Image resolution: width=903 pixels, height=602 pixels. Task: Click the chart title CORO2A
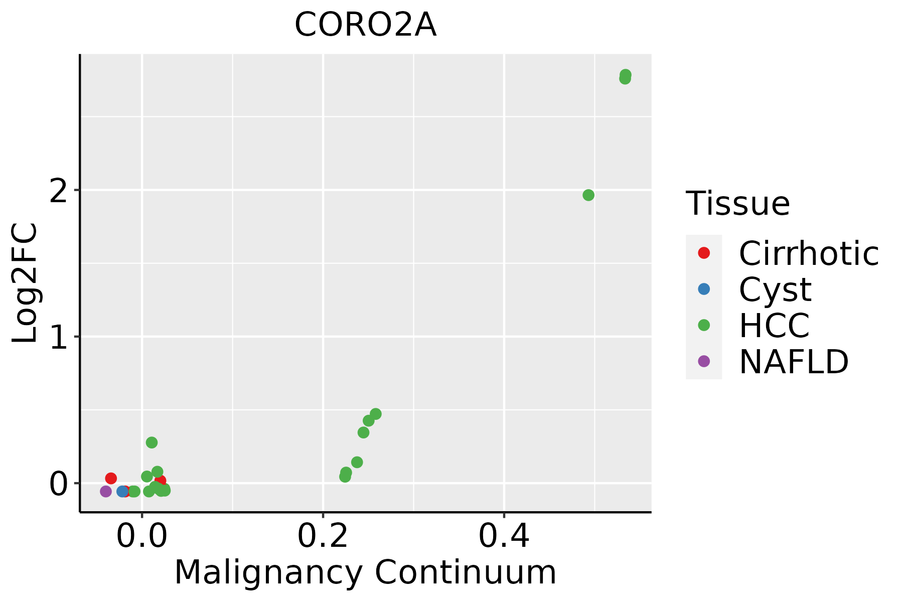[x=365, y=25]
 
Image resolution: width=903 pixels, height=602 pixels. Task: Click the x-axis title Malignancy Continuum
[x=365, y=572]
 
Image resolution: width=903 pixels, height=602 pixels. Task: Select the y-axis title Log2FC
[x=25, y=283]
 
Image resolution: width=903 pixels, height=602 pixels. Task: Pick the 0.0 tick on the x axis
[x=142, y=537]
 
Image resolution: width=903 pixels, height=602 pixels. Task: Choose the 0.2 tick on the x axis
[x=323, y=537]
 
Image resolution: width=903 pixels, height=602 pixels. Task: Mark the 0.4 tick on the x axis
[x=504, y=537]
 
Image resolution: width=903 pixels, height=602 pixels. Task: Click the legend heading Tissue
[x=737, y=204]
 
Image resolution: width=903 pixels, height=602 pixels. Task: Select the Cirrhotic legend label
[x=809, y=253]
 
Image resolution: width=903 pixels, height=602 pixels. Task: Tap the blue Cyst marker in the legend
[x=704, y=289]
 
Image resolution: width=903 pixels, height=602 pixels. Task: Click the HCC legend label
[x=774, y=326]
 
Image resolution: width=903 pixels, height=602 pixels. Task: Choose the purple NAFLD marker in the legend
[x=704, y=361]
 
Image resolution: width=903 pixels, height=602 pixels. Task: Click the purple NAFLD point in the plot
[x=106, y=491]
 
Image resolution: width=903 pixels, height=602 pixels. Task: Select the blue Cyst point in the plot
[x=122, y=491]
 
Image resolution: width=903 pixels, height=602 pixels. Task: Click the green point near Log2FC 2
[x=588, y=195]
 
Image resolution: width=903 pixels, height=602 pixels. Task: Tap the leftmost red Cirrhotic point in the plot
[x=111, y=478]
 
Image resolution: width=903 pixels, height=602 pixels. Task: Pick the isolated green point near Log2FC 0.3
[x=152, y=442]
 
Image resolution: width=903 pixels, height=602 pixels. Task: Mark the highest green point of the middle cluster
[x=375, y=414]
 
